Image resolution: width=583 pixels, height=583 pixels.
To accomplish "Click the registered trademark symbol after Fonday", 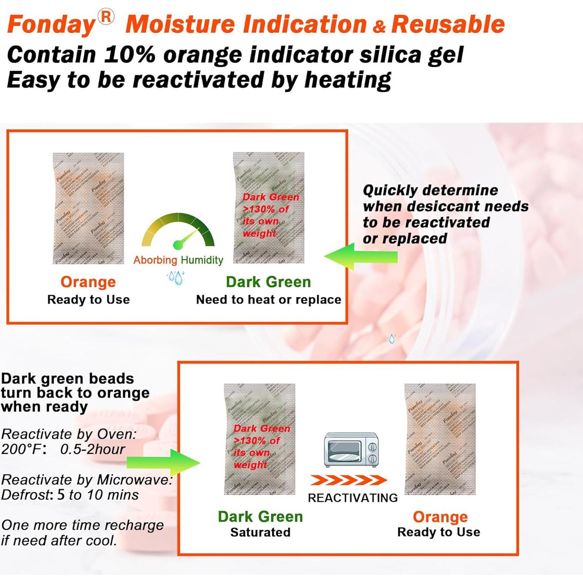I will [x=105, y=17].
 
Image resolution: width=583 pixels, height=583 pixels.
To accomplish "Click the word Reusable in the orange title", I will [x=448, y=24].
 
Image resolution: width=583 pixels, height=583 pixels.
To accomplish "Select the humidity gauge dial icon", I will [x=178, y=231].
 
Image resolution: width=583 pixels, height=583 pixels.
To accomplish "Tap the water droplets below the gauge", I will [x=176, y=277].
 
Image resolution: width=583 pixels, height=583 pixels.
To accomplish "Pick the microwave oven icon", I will [x=351, y=449].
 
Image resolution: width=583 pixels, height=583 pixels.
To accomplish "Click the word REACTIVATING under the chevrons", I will [x=352, y=498].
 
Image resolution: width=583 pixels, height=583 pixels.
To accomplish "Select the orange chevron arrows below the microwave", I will [x=348, y=480].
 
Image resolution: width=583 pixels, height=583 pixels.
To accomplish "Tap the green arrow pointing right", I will [x=163, y=463].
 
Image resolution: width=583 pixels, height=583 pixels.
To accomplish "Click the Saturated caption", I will [x=260, y=532].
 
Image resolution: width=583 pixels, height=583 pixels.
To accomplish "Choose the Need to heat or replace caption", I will [x=268, y=300].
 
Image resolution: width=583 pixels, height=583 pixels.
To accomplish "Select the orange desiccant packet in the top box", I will [x=88, y=208].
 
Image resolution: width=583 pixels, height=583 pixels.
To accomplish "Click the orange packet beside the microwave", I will [x=440, y=439].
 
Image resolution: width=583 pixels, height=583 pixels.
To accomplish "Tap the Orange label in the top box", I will [x=88, y=282].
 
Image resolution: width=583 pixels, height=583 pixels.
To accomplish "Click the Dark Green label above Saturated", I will [x=260, y=517].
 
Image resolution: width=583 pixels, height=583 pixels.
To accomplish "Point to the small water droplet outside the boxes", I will [x=391, y=339].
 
